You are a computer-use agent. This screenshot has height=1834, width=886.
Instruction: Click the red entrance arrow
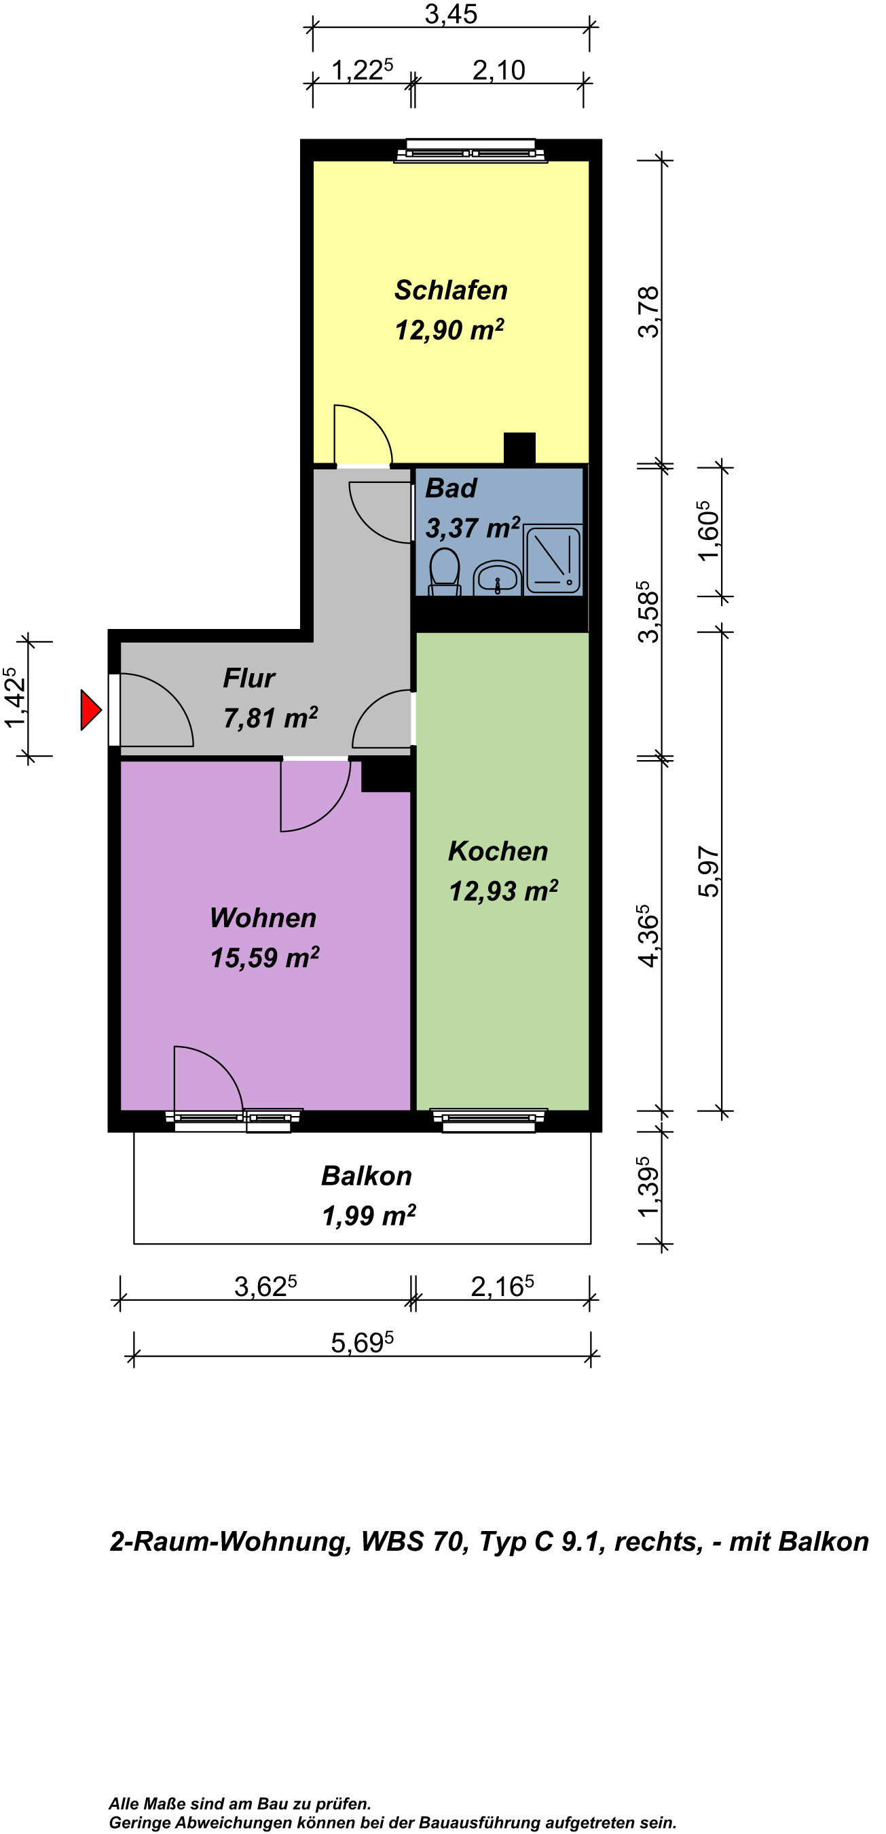coord(90,709)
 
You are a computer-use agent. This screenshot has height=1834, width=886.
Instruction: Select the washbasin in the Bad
coord(498,577)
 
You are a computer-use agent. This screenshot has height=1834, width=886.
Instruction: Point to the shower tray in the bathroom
coord(552,560)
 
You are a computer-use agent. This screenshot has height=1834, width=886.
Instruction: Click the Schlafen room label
coord(451,290)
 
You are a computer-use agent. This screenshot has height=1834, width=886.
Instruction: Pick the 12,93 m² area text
coord(503,891)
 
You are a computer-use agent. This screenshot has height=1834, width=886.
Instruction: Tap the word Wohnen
coord(263,918)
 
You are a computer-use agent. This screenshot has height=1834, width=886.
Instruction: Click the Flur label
coord(249,678)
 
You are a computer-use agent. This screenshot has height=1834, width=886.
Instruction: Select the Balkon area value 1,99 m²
coord(369,1215)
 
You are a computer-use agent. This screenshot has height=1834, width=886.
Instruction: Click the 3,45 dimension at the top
coord(451,14)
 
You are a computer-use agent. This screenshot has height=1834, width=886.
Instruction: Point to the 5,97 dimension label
coord(709,871)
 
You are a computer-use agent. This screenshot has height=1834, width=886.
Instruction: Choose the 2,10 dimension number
coord(499,71)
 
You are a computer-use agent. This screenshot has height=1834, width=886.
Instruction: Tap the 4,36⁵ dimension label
coord(648,935)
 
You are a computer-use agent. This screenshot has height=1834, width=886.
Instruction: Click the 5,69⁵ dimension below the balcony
coord(363,1342)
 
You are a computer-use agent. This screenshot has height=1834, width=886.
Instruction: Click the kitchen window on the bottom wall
coord(489,1120)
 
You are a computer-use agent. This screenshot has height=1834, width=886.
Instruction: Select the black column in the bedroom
coord(519,448)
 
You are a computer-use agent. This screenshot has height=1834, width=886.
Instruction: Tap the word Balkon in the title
coord(824,1541)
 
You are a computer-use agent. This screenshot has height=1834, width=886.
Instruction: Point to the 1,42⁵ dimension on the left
coord(15,698)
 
